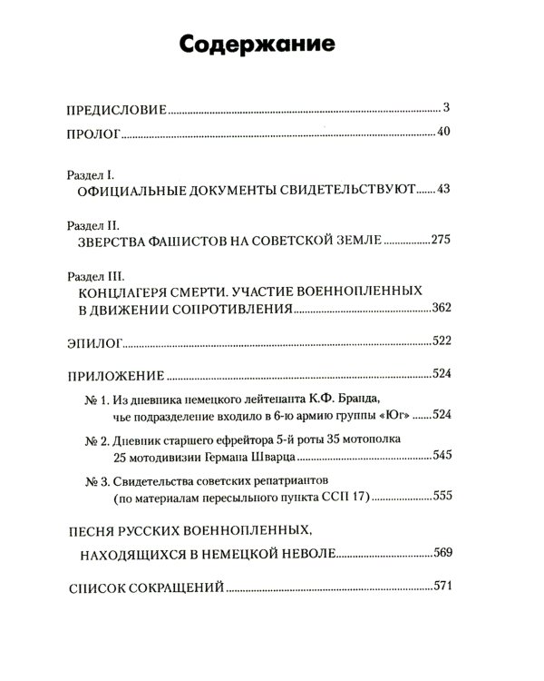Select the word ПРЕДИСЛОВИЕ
[x=118, y=110]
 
